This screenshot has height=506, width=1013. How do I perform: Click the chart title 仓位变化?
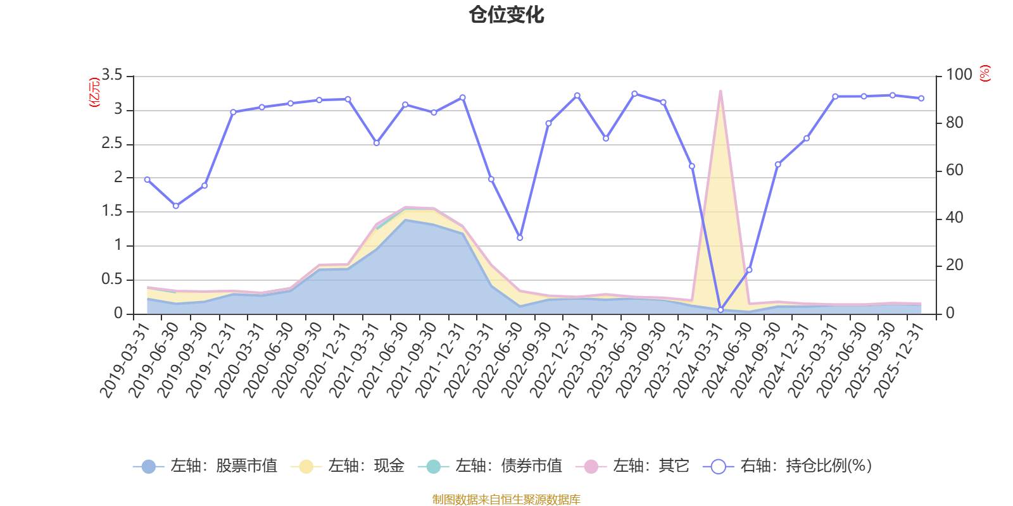pyautogui.click(x=506, y=15)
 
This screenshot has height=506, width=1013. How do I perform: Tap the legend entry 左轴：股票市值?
pyautogui.click(x=205, y=466)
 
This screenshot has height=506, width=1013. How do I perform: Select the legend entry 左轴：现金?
pyautogui.click(x=348, y=466)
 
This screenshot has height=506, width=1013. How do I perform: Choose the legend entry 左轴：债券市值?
pyautogui.click(x=490, y=466)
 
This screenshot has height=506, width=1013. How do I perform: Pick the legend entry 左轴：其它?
pyautogui.click(x=632, y=466)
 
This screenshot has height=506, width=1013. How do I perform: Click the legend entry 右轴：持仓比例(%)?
pyautogui.click(x=788, y=466)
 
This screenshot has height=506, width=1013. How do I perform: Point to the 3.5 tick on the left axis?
pyautogui.click(x=111, y=75)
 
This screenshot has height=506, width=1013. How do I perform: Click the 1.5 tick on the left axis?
pyautogui.click(x=111, y=211)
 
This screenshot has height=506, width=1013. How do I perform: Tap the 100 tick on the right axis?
pyautogui.click(x=959, y=75)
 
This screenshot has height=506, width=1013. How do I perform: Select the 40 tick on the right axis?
pyautogui.click(x=954, y=218)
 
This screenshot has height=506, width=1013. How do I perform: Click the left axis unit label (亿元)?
pyautogui.click(x=94, y=92)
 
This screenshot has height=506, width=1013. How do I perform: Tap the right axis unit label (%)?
pyautogui.click(x=985, y=73)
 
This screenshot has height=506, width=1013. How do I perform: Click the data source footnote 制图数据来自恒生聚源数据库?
pyautogui.click(x=506, y=499)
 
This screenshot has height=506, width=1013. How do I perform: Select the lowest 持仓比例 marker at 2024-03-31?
pyautogui.click(x=720, y=310)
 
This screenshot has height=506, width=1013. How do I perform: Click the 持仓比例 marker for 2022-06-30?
pyautogui.click(x=520, y=238)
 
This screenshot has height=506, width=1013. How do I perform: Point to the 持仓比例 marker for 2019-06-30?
pyautogui.click(x=176, y=206)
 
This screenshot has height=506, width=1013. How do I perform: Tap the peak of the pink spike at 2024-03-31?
pyautogui.click(x=720, y=91)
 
